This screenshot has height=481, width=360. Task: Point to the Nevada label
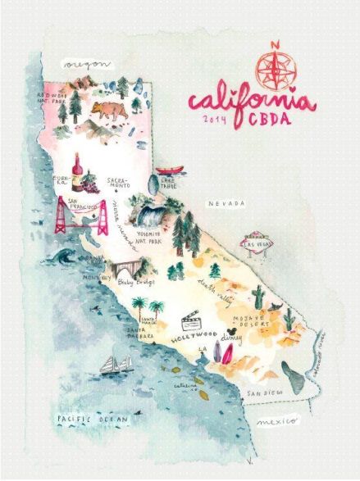tap(225, 202)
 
